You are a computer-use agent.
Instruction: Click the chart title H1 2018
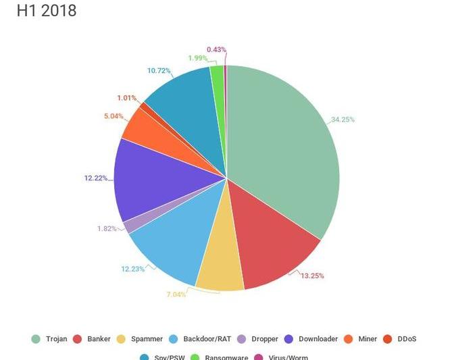[x=46, y=11]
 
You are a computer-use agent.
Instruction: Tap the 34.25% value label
[x=343, y=120]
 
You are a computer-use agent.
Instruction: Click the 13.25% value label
[x=314, y=275]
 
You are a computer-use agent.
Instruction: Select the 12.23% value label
[x=133, y=269]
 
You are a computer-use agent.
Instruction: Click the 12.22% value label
[x=96, y=178]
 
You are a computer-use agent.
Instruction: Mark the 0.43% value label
[x=217, y=49]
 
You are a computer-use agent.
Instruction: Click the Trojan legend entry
[x=51, y=338]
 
